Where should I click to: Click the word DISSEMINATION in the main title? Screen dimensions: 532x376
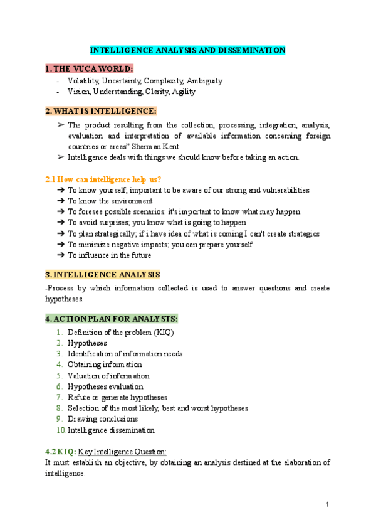249,50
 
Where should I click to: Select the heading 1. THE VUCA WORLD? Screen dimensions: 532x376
90,68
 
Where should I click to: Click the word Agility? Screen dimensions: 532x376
182,92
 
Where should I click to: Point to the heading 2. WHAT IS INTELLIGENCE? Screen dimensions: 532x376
101,111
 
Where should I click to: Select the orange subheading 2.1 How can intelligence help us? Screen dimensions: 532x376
104,179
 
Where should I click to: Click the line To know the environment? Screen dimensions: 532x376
110,201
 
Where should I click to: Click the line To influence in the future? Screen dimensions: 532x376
109,255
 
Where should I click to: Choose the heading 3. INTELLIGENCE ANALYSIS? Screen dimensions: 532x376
103,275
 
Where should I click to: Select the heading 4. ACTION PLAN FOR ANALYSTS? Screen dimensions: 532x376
112,318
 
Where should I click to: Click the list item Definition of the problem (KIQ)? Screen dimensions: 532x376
120,332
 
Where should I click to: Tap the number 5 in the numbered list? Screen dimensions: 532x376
59,376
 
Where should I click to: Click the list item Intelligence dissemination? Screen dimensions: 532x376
111,430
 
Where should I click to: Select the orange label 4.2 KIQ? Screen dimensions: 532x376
61,451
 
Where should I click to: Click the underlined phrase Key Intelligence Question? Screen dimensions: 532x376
126,451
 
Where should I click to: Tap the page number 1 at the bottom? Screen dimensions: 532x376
327,505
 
